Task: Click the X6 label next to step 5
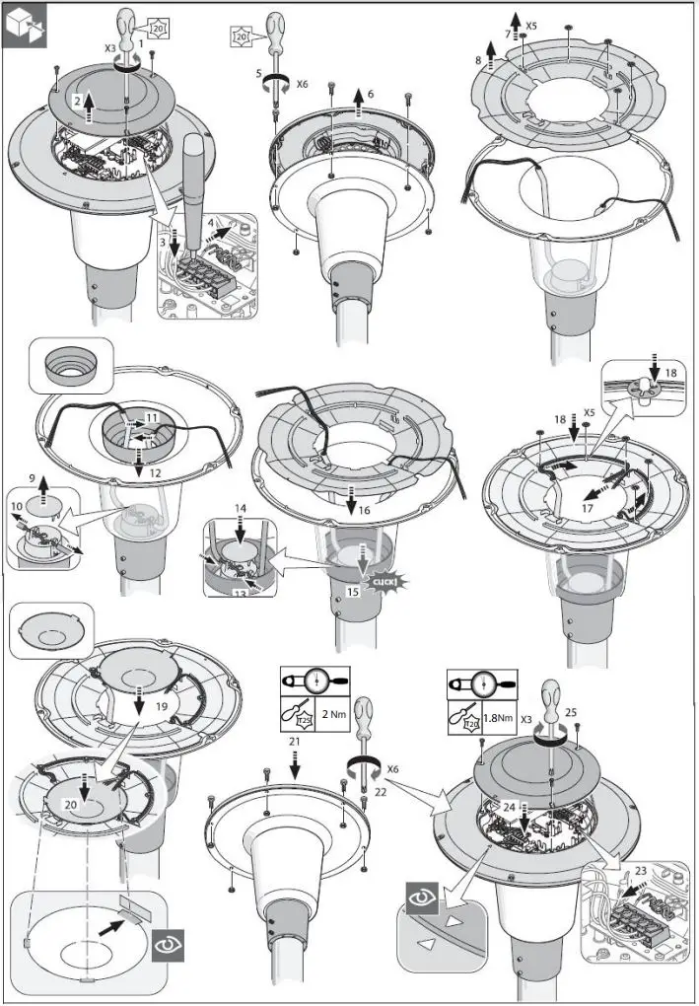point(301,85)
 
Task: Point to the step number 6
point(371,94)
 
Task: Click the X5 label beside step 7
point(531,24)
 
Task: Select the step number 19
point(161,707)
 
